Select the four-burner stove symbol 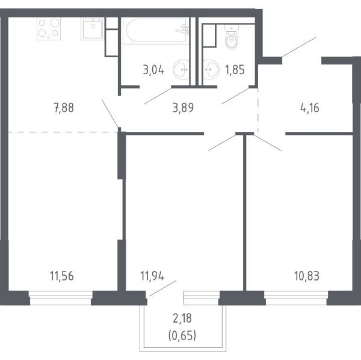[x=49, y=28]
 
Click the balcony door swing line [x=162, y=287]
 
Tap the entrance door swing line [x=298, y=47]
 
